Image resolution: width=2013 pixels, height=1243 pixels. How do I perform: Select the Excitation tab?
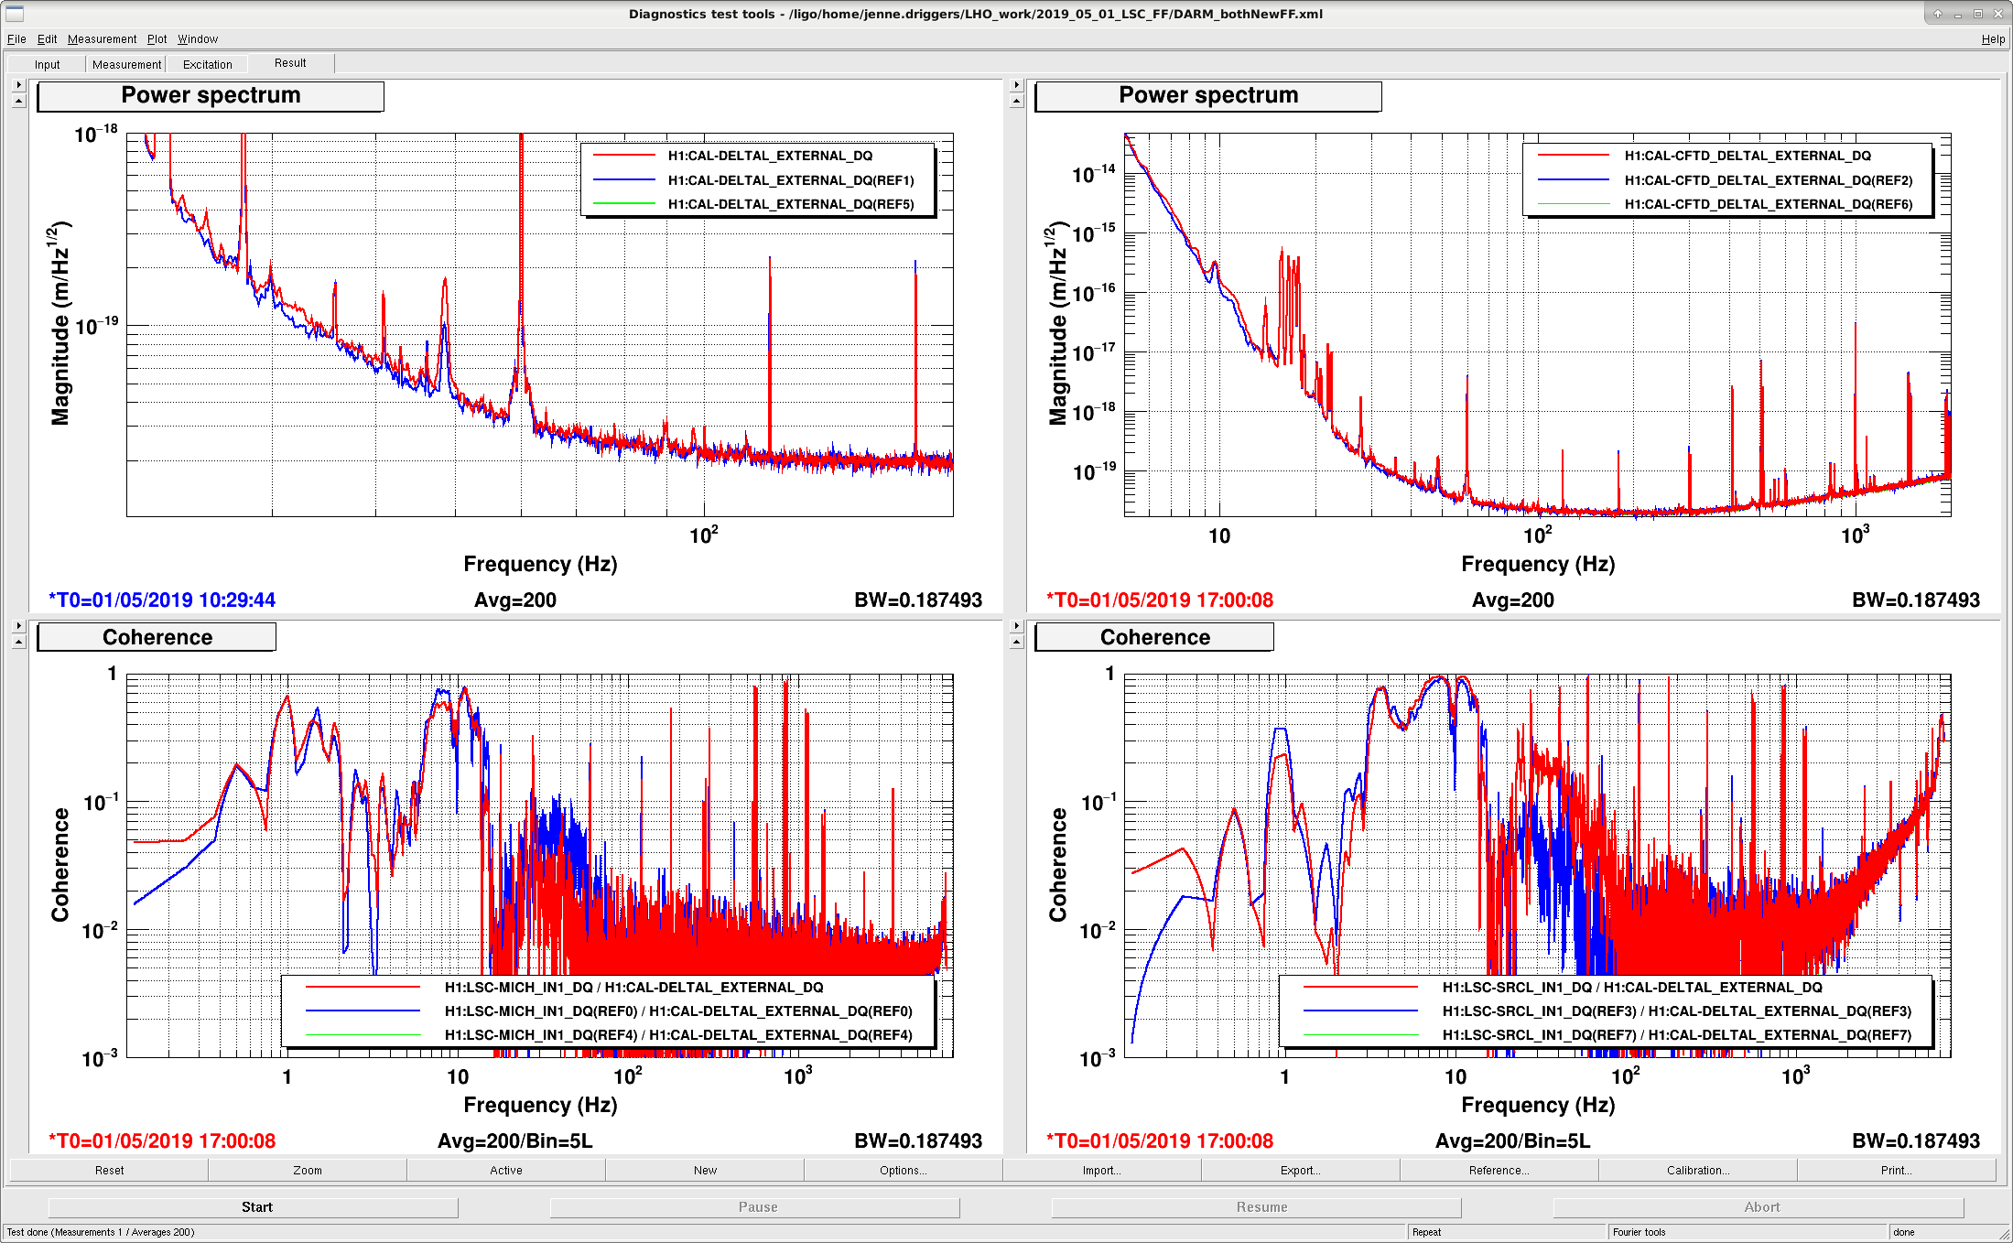208,64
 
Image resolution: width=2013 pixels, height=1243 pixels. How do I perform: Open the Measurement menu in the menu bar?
102,39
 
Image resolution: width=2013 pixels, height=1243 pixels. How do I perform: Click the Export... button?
1300,1170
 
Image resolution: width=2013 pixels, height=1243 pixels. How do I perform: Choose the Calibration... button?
1697,1170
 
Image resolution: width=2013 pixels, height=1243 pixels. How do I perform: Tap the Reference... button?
1499,1170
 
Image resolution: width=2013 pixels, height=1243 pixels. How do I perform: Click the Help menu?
1993,39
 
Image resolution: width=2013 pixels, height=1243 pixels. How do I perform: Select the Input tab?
48,64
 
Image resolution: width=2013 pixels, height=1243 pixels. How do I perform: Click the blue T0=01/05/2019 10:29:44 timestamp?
162,600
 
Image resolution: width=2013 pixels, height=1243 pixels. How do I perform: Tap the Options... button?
903,1170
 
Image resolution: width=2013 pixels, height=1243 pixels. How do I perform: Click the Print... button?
1896,1170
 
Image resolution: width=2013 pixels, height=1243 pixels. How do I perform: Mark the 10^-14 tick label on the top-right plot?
1094,172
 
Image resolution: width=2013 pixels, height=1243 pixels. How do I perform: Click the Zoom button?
308,1170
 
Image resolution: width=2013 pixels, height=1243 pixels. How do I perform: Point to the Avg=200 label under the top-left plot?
515,600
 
